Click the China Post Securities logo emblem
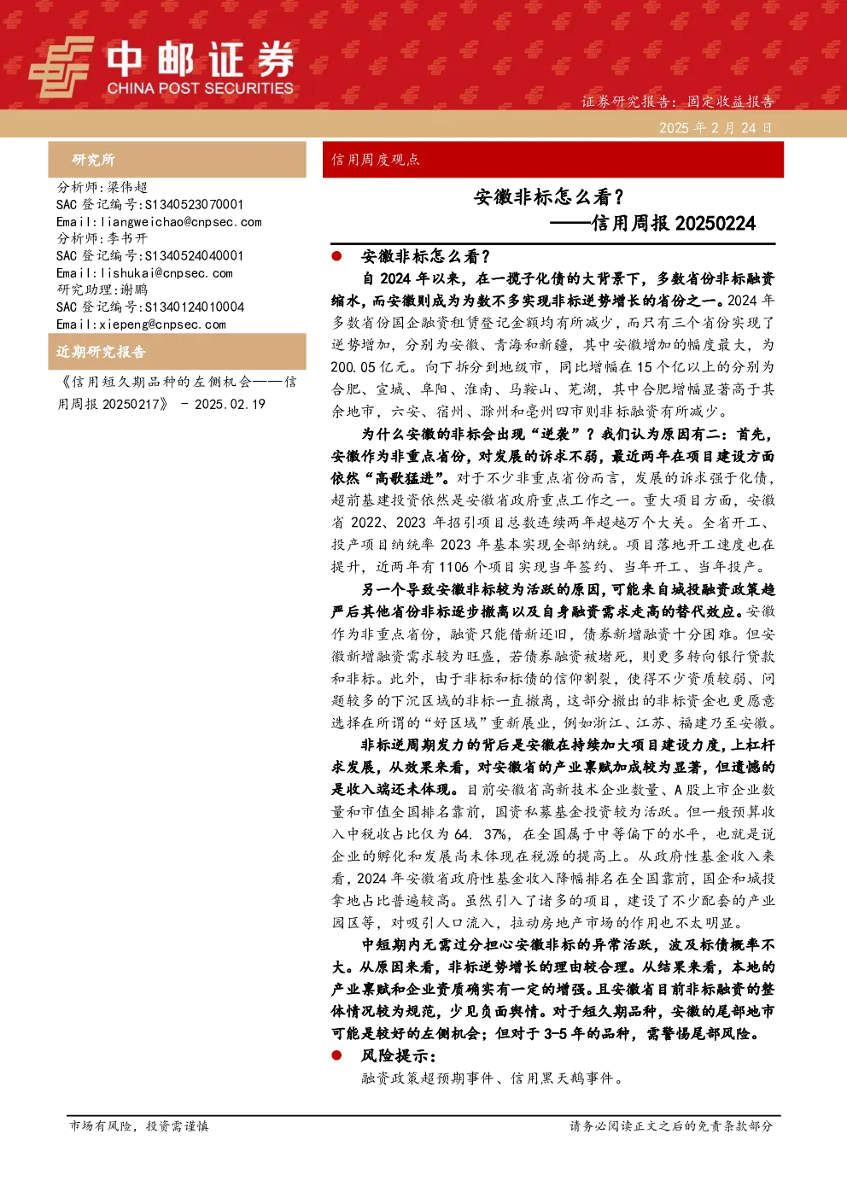61,67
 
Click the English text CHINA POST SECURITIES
200,88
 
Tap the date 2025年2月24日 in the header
716,128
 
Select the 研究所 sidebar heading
94,160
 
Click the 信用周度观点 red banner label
376,160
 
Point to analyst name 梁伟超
127,187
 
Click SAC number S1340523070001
194,204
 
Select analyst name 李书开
127,238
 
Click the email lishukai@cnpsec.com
166,273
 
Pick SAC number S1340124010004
195,307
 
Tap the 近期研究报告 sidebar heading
101,352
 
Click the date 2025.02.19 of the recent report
230,405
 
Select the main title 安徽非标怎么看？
549,197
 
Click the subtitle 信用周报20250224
673,223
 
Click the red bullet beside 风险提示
336,1055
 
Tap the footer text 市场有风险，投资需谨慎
139,1125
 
